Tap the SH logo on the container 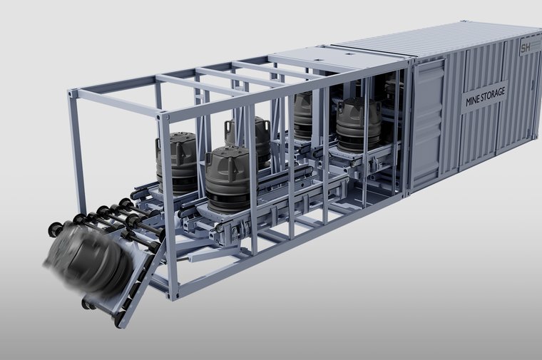526,47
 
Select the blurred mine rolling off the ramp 85,257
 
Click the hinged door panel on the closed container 427,123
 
